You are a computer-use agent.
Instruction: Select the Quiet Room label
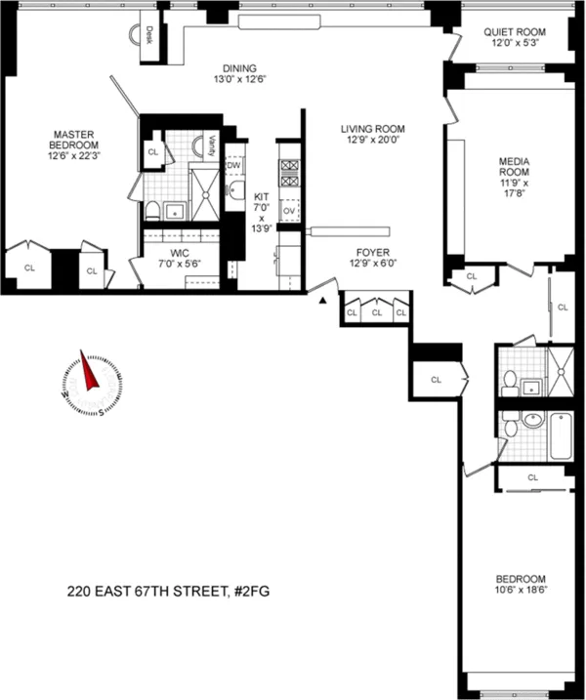click(514, 32)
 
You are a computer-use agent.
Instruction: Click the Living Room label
click(372, 129)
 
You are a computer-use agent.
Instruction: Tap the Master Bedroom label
click(73, 141)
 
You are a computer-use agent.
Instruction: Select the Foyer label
click(372, 251)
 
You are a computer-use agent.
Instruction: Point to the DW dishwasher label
click(233, 166)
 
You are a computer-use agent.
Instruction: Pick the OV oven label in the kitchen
click(289, 211)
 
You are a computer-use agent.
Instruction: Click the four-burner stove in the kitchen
click(289, 173)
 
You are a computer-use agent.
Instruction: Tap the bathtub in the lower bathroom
click(560, 436)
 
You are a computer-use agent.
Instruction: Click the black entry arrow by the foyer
click(320, 302)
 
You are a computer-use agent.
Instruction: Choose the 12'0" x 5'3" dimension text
click(514, 45)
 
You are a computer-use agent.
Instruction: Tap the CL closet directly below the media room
click(470, 276)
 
